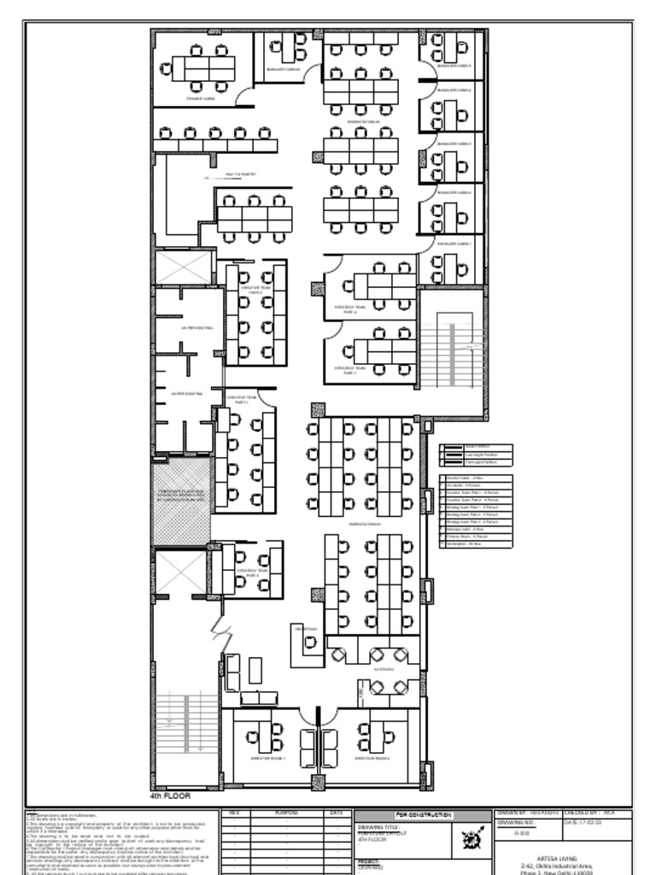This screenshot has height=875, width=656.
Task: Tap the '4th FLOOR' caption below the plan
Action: [170, 796]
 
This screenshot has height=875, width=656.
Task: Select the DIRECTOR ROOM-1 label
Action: [267, 758]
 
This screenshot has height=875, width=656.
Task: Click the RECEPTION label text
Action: [306, 630]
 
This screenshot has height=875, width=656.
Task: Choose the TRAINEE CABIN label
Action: [200, 98]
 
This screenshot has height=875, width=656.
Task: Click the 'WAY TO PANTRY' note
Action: [240, 173]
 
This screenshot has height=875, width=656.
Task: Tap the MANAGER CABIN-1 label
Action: [454, 244]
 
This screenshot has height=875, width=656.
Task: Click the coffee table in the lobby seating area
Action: [255, 670]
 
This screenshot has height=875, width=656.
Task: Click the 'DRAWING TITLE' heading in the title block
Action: [378, 827]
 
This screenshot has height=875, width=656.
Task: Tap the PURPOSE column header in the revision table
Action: [286, 813]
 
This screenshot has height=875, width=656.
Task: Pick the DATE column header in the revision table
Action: [336, 813]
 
